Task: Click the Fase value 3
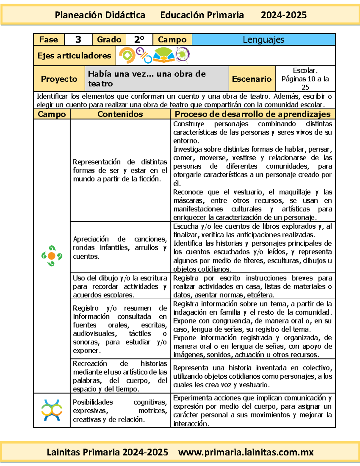point(78,40)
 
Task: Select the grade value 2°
point(139,40)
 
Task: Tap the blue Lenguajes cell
point(263,40)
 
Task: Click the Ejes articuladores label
point(74,56)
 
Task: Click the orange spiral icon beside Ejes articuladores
point(127,56)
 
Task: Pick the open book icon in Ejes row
point(163,56)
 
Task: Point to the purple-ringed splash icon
point(182,55)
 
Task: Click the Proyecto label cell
point(59,79)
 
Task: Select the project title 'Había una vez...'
point(147,79)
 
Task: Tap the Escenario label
point(252,79)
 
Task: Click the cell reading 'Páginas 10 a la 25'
point(305,79)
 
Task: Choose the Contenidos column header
point(120,114)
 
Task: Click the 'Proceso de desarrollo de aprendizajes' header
point(253,114)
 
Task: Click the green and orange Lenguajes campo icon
point(52,256)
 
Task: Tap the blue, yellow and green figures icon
point(52,410)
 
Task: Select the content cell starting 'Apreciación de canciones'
point(120,248)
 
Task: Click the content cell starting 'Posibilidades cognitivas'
point(120,410)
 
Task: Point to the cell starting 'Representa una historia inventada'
point(253,376)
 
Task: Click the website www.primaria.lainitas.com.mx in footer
point(246,452)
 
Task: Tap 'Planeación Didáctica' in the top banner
point(100,15)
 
